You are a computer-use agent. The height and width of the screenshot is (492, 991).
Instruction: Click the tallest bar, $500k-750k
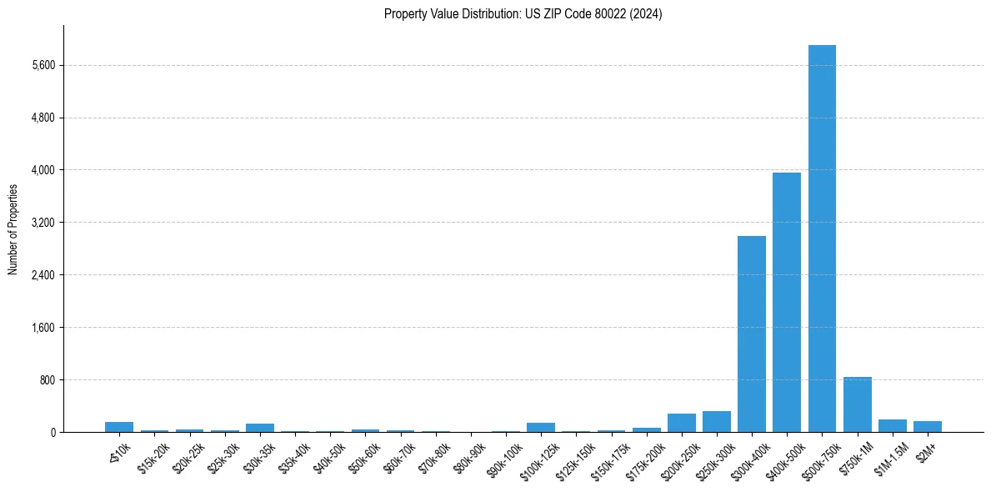pos(822,238)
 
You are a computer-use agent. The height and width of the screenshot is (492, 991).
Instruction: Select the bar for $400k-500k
pos(787,302)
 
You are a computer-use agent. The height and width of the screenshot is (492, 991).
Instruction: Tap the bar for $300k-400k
pos(752,334)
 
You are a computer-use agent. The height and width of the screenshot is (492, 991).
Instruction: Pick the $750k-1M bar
pos(857,404)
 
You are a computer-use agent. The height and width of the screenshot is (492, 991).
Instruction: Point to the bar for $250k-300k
pos(717,422)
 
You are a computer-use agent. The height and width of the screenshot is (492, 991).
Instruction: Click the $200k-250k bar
pos(682,423)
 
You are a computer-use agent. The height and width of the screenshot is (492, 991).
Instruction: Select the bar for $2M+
pos(928,427)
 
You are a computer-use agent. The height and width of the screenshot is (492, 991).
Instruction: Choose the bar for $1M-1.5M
pos(893,426)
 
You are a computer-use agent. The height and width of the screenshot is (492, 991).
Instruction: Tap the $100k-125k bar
pos(541,428)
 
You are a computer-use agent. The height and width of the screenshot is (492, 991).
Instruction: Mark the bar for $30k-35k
pos(260,428)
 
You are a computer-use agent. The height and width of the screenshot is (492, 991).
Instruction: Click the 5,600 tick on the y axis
pos(42,65)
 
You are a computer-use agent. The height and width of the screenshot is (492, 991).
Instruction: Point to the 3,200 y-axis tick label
pos(42,223)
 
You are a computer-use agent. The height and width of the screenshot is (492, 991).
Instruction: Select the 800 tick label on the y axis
pos(46,380)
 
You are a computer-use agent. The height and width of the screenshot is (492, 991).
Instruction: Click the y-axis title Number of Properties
pos(13,229)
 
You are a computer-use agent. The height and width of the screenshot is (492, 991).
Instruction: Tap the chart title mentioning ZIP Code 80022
pos(523,13)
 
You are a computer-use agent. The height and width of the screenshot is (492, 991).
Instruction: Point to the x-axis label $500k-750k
pos(819,459)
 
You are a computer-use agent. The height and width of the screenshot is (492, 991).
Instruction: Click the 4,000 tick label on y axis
pos(42,170)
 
